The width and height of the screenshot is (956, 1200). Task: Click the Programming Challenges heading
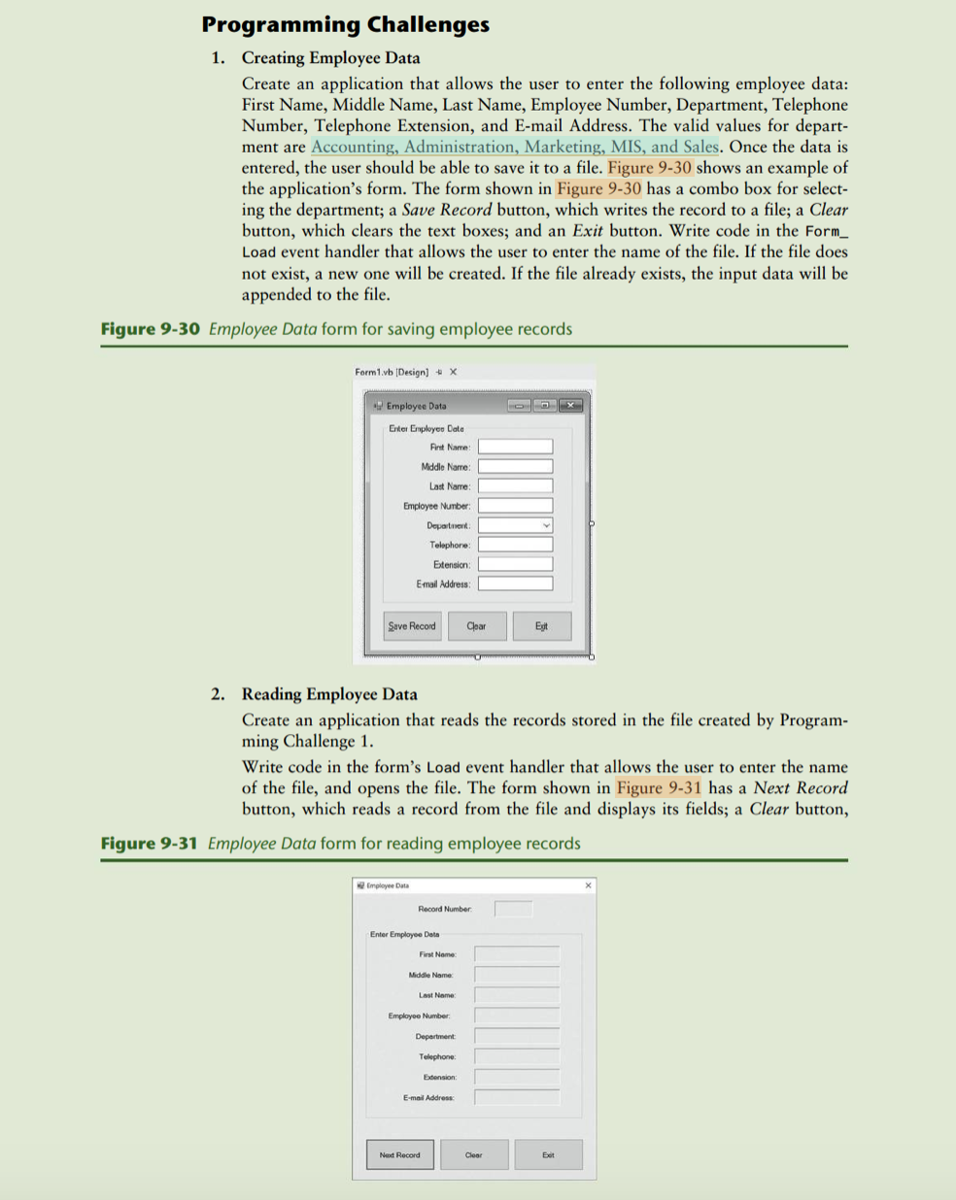pos(345,24)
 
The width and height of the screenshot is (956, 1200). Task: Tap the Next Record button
pos(399,1154)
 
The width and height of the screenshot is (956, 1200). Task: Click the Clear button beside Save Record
pos(476,626)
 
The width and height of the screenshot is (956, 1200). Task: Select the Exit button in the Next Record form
pos(548,1154)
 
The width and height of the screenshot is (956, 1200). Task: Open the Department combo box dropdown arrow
pos(546,525)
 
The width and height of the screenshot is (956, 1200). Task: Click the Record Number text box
pos(513,909)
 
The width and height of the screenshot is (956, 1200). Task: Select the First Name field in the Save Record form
pos(515,447)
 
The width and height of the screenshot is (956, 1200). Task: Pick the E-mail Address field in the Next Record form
pos(517,1097)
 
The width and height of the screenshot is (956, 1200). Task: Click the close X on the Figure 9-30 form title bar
pos(571,405)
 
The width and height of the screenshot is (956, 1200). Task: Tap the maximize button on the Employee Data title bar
pos(545,405)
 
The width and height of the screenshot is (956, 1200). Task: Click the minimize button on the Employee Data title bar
pos(520,405)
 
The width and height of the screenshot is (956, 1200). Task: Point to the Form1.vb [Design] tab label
pos(392,372)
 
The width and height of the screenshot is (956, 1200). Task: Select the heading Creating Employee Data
pos(330,57)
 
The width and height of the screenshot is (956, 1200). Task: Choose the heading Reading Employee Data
pos(329,694)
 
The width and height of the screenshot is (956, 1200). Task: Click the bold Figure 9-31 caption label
pos(149,843)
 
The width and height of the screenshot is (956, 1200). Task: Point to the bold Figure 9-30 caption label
pos(150,328)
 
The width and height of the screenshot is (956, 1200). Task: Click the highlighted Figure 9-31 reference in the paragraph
pos(658,787)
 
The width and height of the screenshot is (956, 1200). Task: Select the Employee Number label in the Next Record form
pos(419,1016)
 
